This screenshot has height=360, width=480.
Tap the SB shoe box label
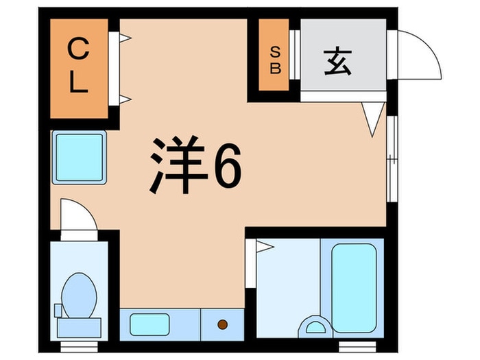(x=274, y=59)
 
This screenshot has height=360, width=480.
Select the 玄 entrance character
(x=337, y=62)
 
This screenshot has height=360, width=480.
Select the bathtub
(x=354, y=278)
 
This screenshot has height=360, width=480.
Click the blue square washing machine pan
(x=79, y=157)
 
